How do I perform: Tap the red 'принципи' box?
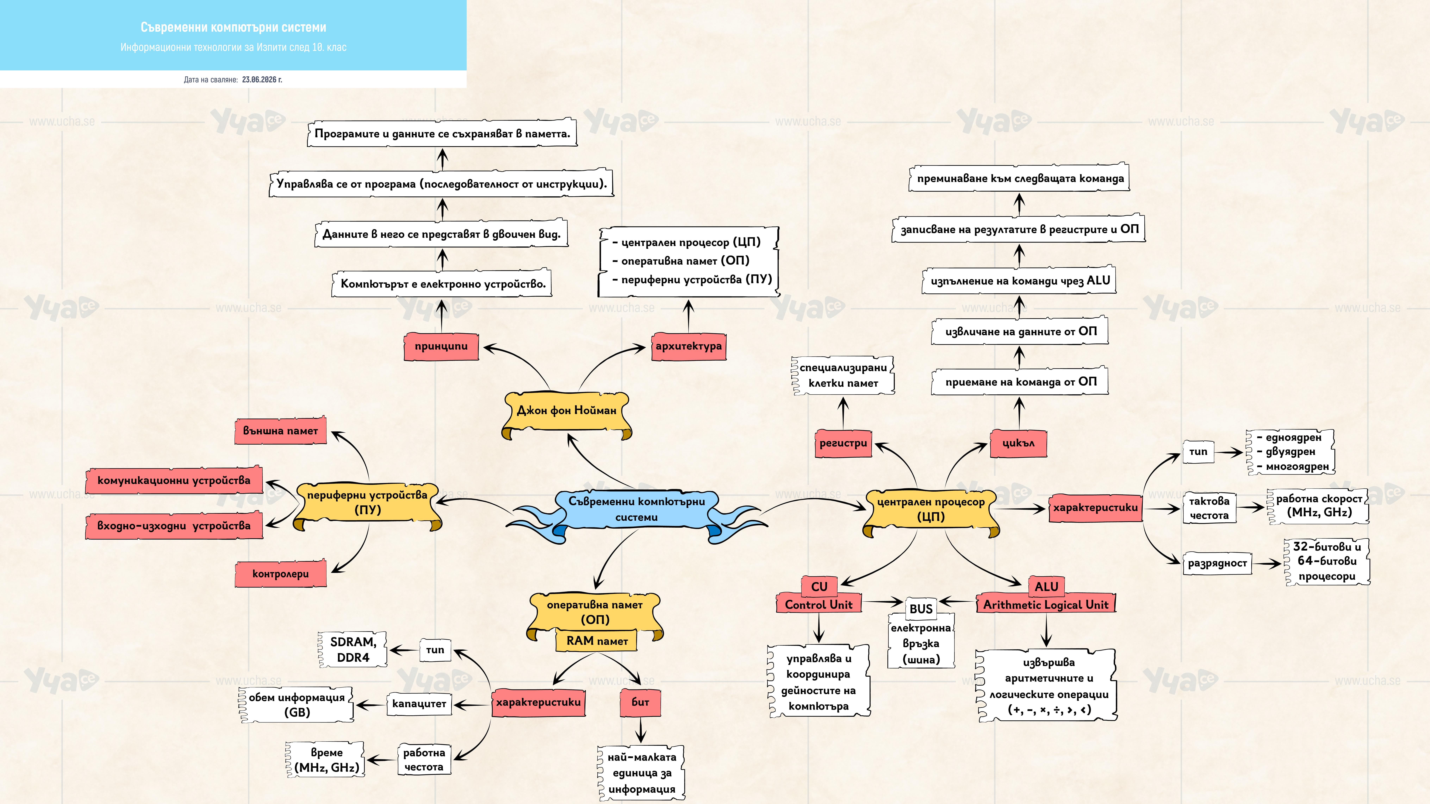(441, 346)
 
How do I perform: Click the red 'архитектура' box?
(688, 346)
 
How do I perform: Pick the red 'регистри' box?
(843, 443)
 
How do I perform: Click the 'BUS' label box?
(921, 609)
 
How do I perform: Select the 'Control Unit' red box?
(819, 605)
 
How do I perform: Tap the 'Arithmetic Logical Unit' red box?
(1046, 605)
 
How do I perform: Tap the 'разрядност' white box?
(1217, 563)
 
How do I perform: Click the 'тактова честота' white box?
(1209, 508)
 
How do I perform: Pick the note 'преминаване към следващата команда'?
(1020, 178)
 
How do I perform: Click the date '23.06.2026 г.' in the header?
(262, 79)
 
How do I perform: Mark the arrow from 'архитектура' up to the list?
(688, 316)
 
